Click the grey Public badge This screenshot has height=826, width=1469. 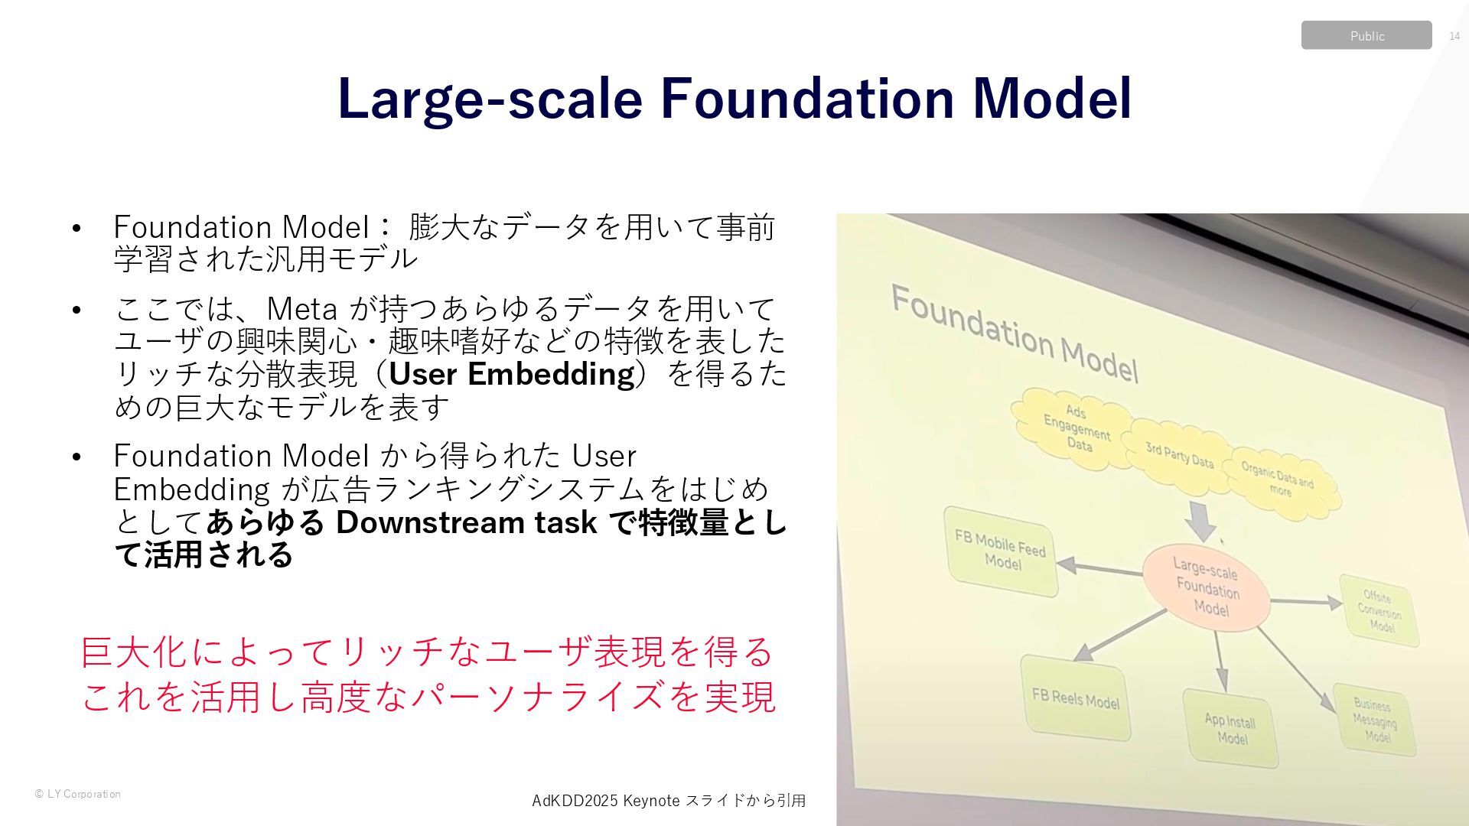[1366, 35]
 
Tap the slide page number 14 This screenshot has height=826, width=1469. [1454, 36]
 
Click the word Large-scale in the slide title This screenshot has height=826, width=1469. [490, 98]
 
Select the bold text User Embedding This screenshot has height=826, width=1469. [512, 374]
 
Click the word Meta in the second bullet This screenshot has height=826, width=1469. [301, 309]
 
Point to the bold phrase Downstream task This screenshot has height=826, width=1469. [466, 522]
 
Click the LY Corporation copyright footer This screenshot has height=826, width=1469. [78, 794]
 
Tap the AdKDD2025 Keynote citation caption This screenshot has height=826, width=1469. [668, 801]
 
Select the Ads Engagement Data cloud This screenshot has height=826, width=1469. [1074, 428]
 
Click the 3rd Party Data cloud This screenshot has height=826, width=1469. [1178, 455]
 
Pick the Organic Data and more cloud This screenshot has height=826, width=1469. [1279, 482]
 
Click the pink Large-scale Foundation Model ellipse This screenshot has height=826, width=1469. [1207, 587]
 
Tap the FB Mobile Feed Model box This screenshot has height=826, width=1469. [1001, 551]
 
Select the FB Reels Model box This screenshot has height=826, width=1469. [1075, 698]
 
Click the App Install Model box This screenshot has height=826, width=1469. [1230, 728]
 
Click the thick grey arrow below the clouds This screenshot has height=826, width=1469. [1200, 522]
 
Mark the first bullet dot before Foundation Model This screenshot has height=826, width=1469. [76, 228]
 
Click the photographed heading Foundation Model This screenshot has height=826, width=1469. [1015, 333]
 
